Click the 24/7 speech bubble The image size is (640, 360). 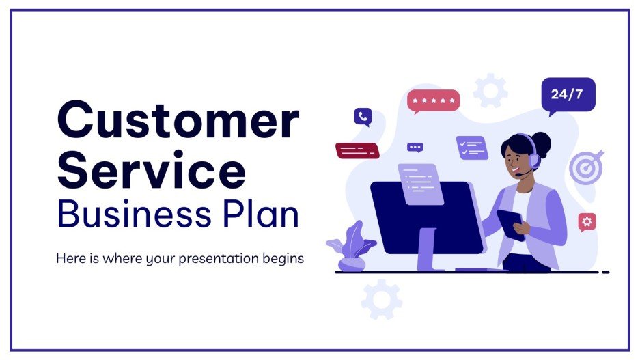point(567,94)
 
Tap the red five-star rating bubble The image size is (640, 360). point(433,101)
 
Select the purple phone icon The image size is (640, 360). point(363,117)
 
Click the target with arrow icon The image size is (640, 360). point(586,167)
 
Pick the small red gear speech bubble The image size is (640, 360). point(587,221)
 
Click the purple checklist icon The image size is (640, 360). point(471,148)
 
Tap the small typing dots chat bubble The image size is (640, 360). point(415,147)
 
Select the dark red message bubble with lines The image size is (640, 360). point(357,150)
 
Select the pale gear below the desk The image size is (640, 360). point(381,299)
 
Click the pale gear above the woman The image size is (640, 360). point(490,91)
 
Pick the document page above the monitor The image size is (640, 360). point(421,183)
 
